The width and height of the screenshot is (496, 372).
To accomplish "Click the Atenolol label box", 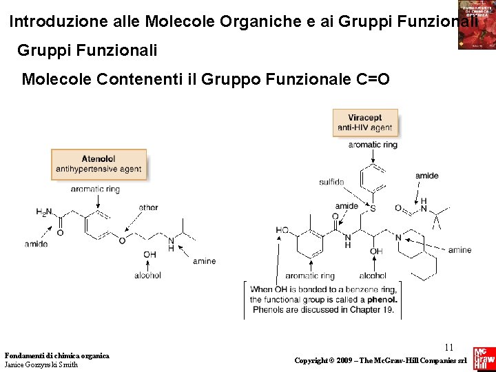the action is [x=99, y=164].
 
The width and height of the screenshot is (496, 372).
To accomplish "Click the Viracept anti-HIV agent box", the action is [x=364, y=123].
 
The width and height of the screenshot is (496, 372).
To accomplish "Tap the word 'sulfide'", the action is [x=331, y=182].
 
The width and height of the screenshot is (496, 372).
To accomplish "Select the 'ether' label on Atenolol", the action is [x=148, y=207].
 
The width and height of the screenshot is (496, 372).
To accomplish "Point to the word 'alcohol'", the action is [x=147, y=275].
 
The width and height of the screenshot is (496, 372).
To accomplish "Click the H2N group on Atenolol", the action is [x=44, y=212].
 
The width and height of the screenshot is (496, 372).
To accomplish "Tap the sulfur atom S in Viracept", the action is [x=373, y=208].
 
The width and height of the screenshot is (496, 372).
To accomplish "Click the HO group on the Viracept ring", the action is [x=282, y=230].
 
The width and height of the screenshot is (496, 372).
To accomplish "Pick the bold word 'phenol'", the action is [x=382, y=299].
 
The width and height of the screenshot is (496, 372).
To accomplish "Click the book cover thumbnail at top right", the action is [x=477, y=25].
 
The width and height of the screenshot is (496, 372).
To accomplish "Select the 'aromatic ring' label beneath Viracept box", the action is [x=373, y=145].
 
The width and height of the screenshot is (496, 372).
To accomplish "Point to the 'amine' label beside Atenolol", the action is [x=204, y=261].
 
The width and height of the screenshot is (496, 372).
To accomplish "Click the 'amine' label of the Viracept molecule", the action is [x=459, y=250].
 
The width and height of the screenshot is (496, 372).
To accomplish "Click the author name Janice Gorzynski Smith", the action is [x=41, y=364].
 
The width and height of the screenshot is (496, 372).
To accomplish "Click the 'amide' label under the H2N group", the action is [x=36, y=244].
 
